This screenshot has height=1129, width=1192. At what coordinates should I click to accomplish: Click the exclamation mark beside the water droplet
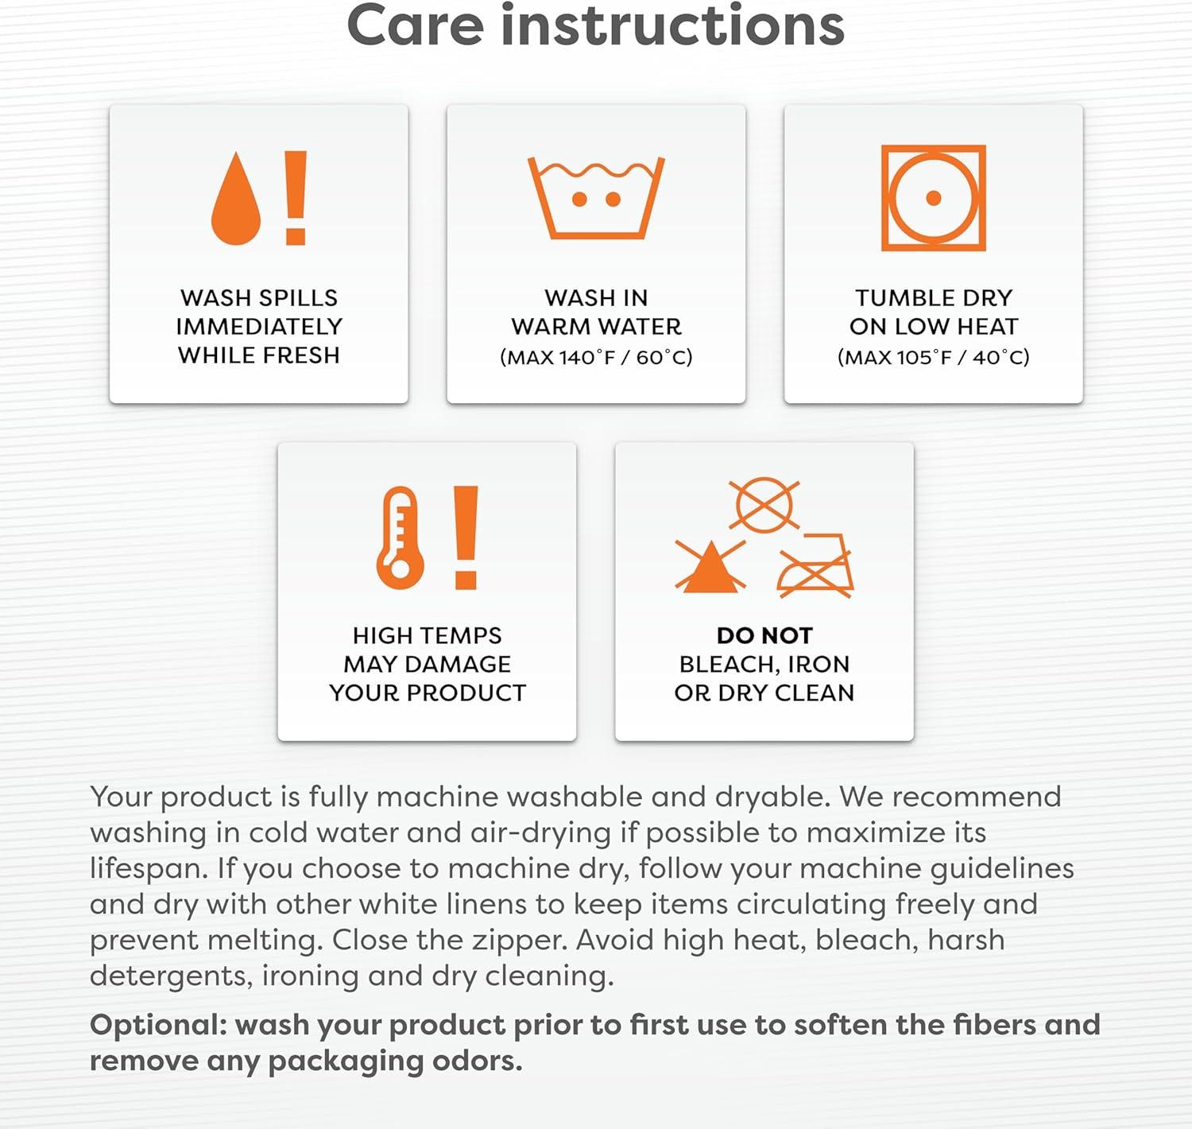(296, 198)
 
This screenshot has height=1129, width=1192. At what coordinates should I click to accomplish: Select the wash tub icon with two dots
(596, 198)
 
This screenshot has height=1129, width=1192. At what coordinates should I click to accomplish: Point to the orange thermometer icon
(401, 537)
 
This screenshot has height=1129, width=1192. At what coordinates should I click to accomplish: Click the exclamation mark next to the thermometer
(466, 537)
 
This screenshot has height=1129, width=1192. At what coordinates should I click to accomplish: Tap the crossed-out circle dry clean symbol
(764, 505)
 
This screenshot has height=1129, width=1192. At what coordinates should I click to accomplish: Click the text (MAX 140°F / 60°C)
(596, 357)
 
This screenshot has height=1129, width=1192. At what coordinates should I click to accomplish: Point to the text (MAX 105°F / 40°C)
(934, 357)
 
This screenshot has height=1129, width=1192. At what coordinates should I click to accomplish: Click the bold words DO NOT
(764, 635)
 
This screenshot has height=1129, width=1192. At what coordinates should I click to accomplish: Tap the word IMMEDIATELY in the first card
(259, 327)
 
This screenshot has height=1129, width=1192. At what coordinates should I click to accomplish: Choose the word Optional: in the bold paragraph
(158, 1026)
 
